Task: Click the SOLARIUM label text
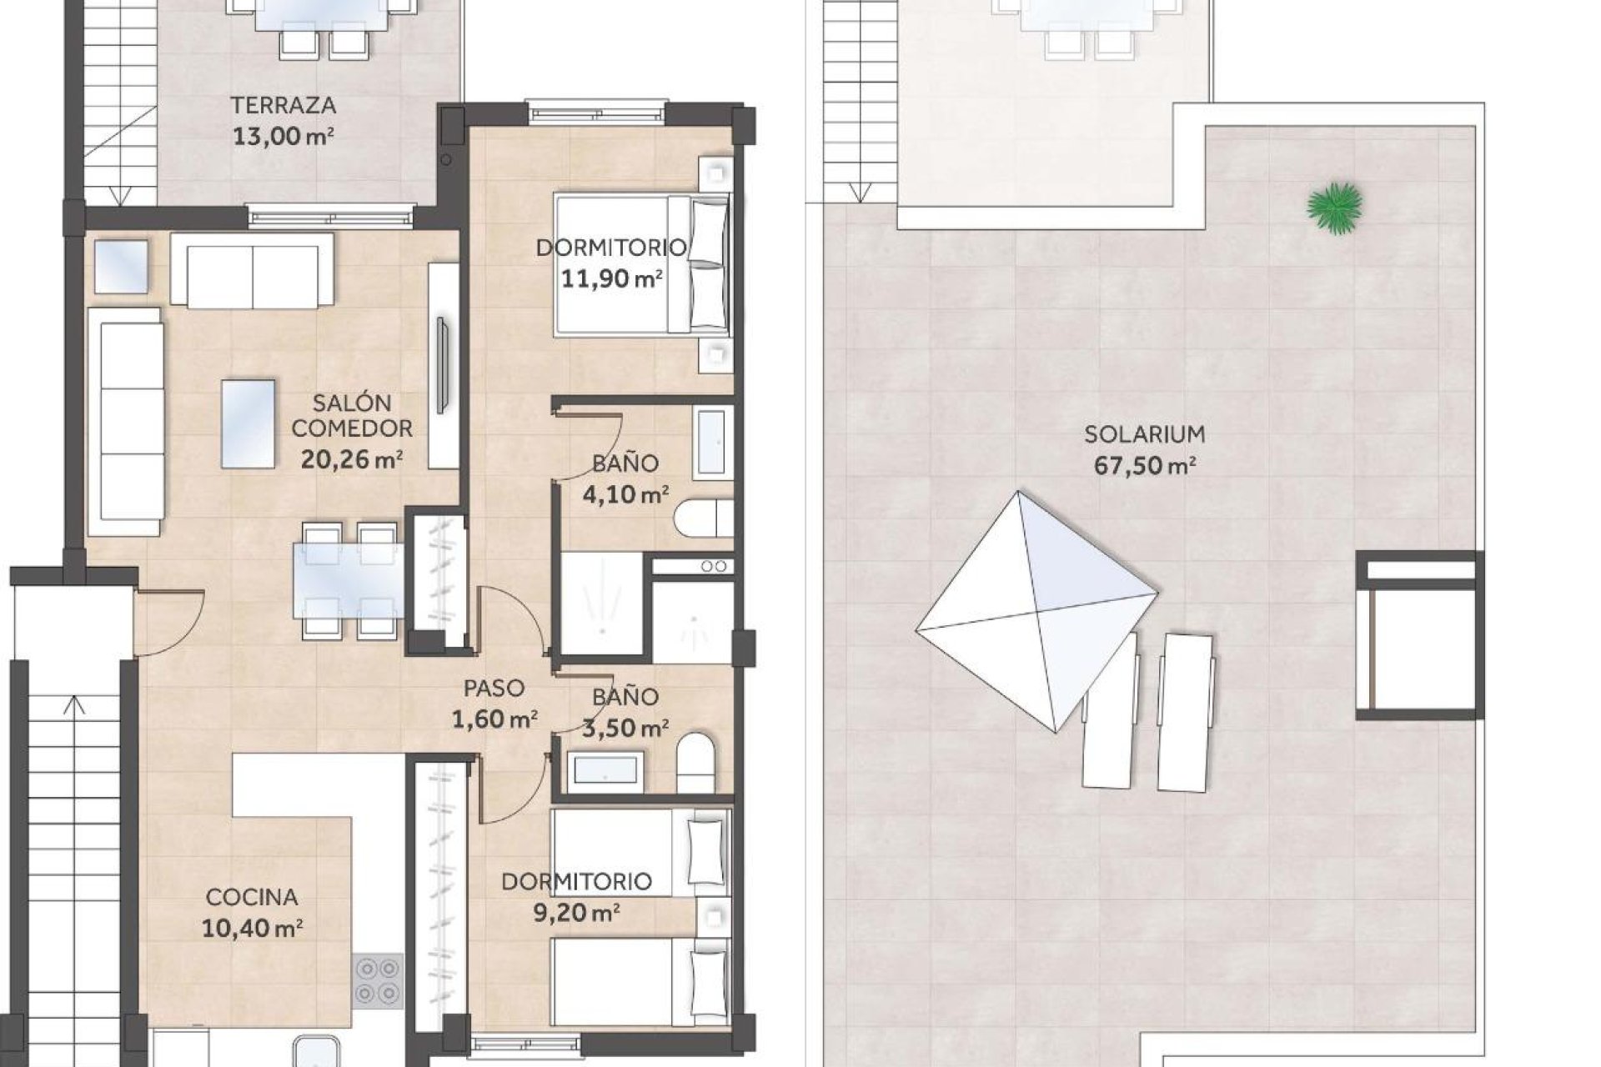pos(1144,433)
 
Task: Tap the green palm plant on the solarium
pos(1335,208)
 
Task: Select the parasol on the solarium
pos(1036,612)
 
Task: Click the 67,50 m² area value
pos(1144,465)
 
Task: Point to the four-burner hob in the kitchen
pos(376,980)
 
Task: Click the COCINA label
pos(252,897)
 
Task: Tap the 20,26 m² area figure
pos(352,459)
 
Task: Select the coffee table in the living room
pos(248,423)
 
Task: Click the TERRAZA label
pos(284,105)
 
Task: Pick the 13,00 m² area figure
pos(284,136)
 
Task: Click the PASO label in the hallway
pos(494,688)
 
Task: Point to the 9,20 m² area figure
pos(576,913)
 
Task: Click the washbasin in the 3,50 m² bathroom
pos(605,771)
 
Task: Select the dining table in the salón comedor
pos(349,580)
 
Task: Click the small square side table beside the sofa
pos(121,267)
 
